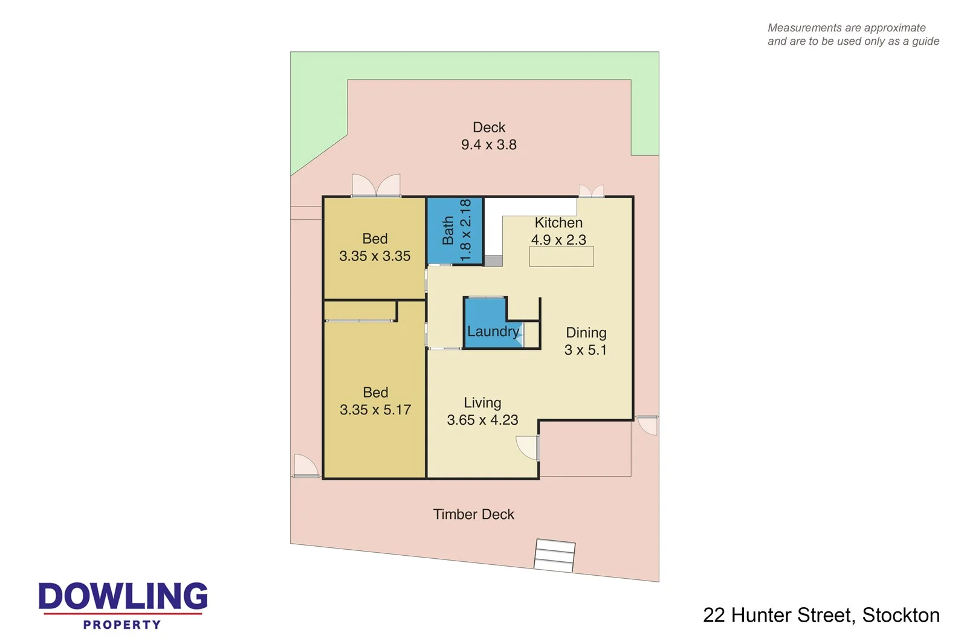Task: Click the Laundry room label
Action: click(493, 331)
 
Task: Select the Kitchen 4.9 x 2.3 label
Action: click(558, 231)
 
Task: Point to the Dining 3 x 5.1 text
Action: click(586, 341)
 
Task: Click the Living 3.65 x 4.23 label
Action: click(482, 411)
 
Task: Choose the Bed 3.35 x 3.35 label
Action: click(375, 248)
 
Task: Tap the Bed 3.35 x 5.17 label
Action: click(375, 401)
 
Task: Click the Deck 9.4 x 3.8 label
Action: click(489, 136)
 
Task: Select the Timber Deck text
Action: click(473, 514)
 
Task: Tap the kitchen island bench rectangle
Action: click(561, 257)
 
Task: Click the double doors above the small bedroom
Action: click(376, 185)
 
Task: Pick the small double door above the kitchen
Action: click(591, 191)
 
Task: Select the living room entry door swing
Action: click(528, 448)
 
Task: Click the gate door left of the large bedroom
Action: click(305, 466)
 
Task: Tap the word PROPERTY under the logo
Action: click(122, 625)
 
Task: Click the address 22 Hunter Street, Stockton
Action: click(821, 615)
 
